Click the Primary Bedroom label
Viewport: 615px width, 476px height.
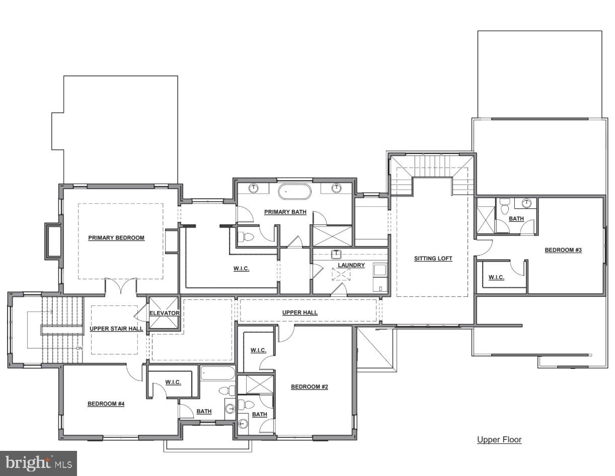pyautogui.click(x=116, y=238)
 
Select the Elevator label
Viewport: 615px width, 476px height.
pyautogui.click(x=164, y=313)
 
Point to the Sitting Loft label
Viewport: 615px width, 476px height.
pyautogui.click(x=433, y=259)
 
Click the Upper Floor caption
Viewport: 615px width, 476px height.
pyautogui.click(x=499, y=440)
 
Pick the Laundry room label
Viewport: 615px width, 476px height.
pyautogui.click(x=351, y=265)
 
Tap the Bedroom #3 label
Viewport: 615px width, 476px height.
pyautogui.click(x=563, y=250)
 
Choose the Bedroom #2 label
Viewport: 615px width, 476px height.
pyautogui.click(x=310, y=387)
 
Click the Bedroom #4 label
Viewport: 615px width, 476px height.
pyautogui.click(x=106, y=404)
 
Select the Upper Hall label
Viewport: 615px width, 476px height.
pyautogui.click(x=299, y=312)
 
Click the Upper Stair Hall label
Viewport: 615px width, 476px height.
pyautogui.click(x=116, y=329)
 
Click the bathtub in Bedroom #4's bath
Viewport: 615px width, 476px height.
pyautogui.click(x=217, y=374)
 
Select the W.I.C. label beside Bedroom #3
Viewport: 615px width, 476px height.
pyautogui.click(x=496, y=277)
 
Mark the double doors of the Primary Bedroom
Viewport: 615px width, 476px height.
pyautogui.click(x=121, y=287)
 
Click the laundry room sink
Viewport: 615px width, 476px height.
pyautogui.click(x=336, y=254)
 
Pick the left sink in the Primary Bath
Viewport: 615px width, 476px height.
pyautogui.click(x=255, y=188)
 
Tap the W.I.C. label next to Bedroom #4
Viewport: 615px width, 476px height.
pyautogui.click(x=173, y=382)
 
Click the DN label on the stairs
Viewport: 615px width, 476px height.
pyautogui.click(x=79, y=348)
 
